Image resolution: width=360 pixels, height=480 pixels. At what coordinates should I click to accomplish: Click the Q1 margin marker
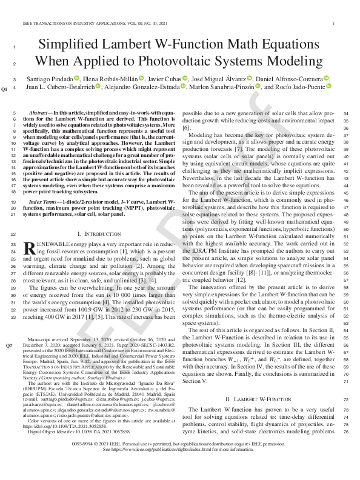pos(5,88)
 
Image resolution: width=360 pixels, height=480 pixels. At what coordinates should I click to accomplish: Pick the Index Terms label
pos(47,201)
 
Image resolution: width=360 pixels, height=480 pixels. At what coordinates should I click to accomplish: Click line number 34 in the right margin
pos(346,113)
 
